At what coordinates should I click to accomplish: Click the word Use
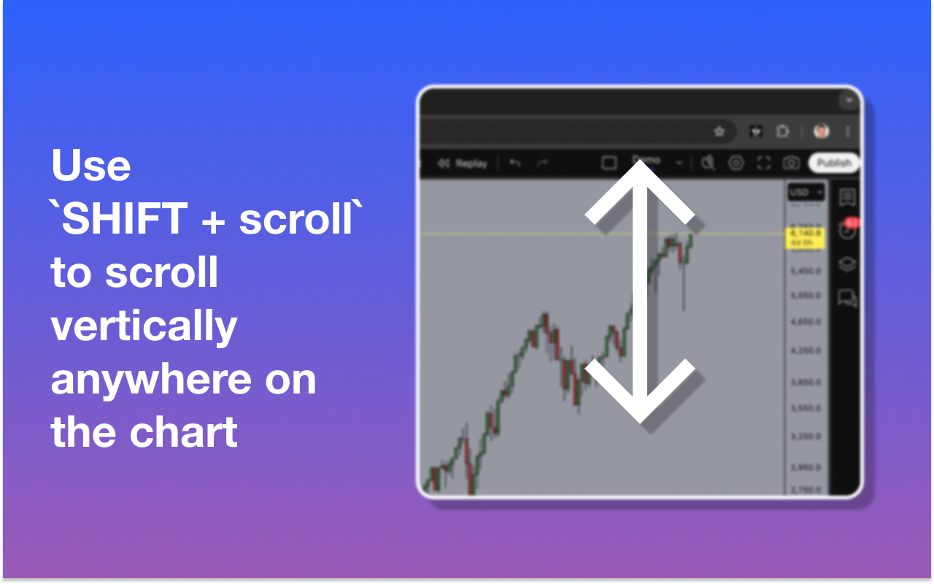coord(91,166)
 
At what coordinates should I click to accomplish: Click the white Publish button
coord(833,163)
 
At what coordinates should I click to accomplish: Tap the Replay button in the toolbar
coord(463,164)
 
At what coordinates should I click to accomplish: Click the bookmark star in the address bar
coord(719,131)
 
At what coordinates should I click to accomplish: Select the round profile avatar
coord(822,131)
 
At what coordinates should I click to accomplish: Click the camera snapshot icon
coord(790,164)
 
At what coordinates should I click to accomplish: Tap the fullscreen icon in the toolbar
coord(763,164)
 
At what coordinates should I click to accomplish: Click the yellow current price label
coord(804,237)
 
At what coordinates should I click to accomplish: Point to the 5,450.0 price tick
coord(805,271)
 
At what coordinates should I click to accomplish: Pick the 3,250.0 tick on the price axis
coord(805,437)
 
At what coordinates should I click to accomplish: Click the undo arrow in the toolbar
coord(515,164)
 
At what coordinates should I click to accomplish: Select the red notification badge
coord(851,222)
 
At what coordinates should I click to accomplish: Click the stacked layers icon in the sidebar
coord(846,264)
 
